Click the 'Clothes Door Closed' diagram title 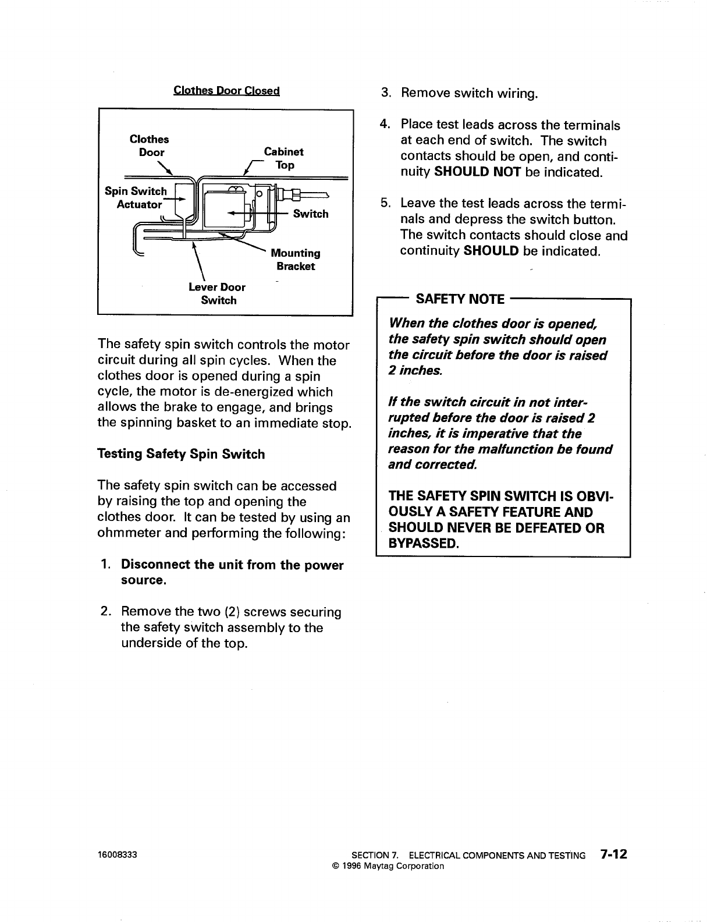coord(227,91)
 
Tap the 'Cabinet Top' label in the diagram coord(284,158)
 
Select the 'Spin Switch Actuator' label coord(136,198)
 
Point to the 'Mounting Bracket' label coord(296,260)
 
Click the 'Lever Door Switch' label coord(217,294)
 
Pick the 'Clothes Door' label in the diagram coord(150,146)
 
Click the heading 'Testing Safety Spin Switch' coord(181,454)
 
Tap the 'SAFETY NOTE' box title coord(460,299)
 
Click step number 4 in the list coord(384,125)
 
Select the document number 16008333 coord(117,856)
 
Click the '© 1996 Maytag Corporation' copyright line coord(388,866)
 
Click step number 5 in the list coord(385,204)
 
